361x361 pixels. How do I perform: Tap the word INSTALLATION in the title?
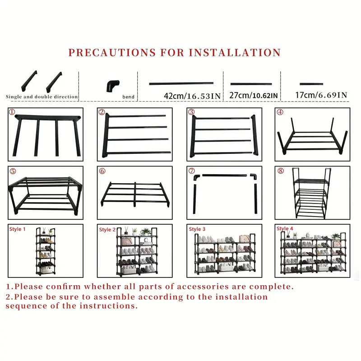(235, 52)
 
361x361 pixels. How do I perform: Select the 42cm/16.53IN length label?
(192, 96)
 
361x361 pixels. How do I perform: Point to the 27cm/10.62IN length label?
(254, 96)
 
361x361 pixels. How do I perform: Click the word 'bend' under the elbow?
(128, 97)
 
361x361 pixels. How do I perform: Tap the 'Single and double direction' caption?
(42, 97)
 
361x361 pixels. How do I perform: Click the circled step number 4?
(280, 112)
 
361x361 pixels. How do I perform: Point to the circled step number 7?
(192, 171)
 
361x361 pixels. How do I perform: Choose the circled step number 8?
(280, 171)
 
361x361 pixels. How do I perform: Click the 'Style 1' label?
(18, 229)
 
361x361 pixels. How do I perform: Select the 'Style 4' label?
(285, 229)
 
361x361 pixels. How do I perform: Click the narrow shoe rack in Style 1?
(46, 250)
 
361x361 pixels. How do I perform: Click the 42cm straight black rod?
(181, 83)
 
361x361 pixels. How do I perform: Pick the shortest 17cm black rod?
(311, 84)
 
